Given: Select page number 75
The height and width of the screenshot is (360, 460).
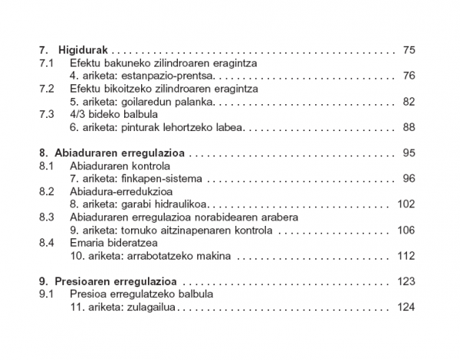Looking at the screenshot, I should point(408,51).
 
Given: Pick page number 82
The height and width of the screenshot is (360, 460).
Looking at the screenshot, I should point(408,101).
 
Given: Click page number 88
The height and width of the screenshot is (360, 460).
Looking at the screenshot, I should point(408,126).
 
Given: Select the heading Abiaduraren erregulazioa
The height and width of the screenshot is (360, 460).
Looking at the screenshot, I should point(120,152).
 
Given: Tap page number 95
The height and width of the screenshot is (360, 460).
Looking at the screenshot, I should point(408,152).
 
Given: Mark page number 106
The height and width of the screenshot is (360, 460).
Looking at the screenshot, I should point(406,230).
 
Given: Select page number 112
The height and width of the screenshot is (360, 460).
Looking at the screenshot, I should point(406,255).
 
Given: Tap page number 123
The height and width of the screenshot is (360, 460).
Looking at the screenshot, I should point(406,281).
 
